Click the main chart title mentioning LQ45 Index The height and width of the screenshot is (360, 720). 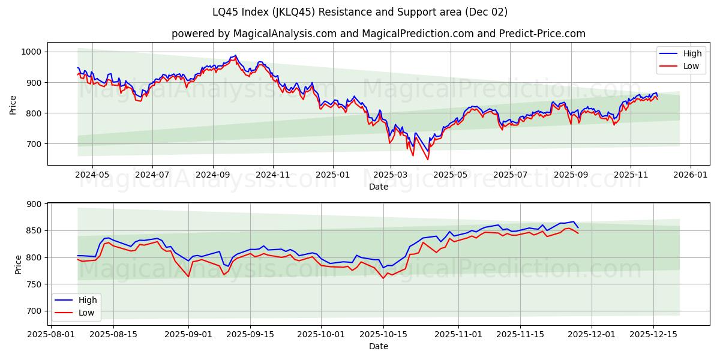[x=360, y=12]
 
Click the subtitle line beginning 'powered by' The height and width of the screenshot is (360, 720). [x=378, y=34]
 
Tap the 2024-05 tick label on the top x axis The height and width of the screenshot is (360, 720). [x=92, y=175]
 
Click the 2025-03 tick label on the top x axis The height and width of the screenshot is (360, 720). [x=391, y=175]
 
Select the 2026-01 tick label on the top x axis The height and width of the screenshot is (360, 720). [x=690, y=175]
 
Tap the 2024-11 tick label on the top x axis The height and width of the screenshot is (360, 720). [x=273, y=175]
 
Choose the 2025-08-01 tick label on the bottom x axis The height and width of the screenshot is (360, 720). [x=51, y=334]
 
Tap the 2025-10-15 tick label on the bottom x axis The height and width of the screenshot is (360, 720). [x=383, y=334]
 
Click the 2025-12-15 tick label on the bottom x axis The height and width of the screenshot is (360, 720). [x=653, y=334]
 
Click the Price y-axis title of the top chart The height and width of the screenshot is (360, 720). [x=13, y=104]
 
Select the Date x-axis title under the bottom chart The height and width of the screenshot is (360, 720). [x=378, y=346]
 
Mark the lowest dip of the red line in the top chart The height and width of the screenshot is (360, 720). [x=428, y=159]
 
